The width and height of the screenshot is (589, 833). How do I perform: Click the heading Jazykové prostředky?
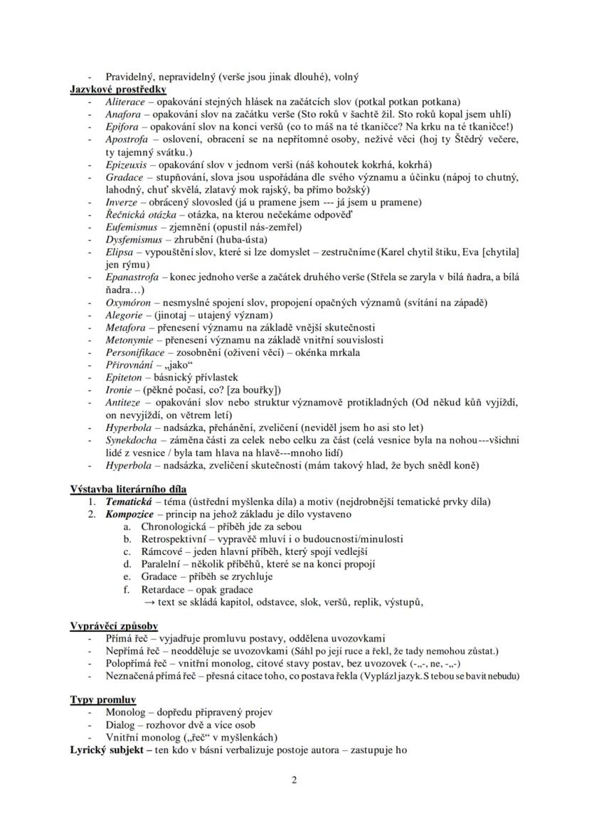click(118, 89)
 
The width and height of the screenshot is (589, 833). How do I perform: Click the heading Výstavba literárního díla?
click(128, 489)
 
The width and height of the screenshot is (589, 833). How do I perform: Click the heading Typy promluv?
click(103, 700)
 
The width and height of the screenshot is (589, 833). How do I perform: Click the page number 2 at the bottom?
click(294, 780)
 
